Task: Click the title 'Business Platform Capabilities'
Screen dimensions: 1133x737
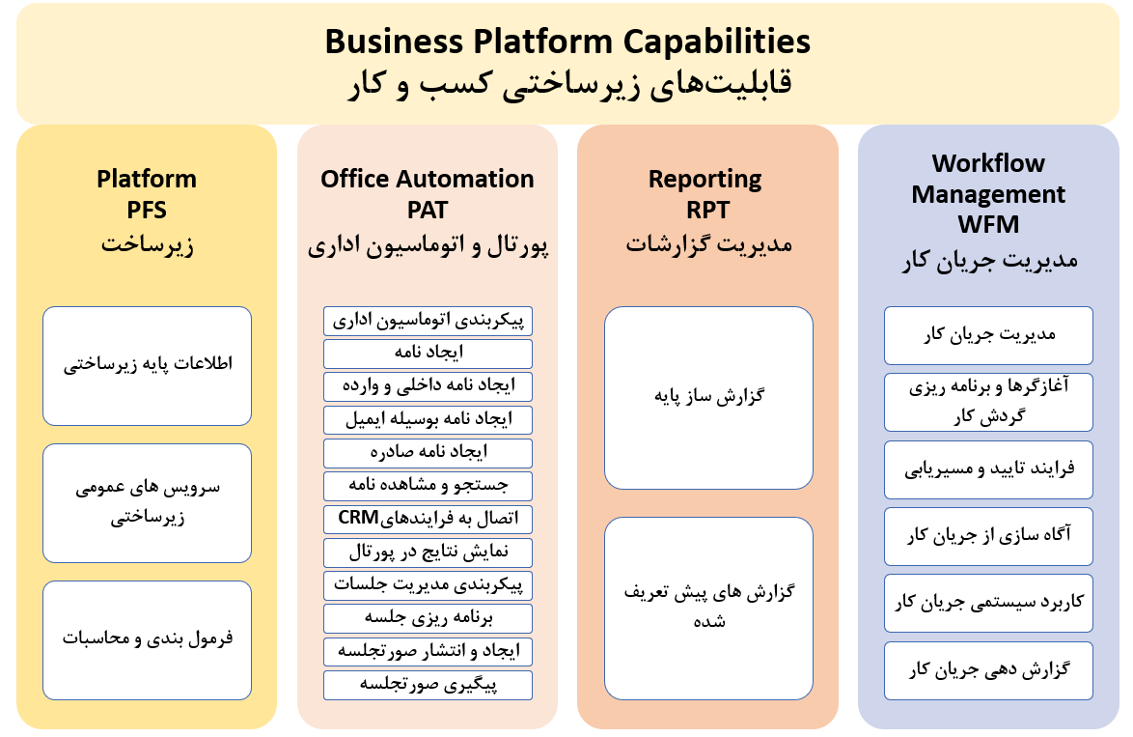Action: tap(567, 42)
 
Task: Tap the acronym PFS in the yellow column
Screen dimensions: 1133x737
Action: tap(147, 210)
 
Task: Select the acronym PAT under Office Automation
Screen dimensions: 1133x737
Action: tap(427, 210)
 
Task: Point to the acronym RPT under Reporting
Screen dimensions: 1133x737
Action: tap(708, 210)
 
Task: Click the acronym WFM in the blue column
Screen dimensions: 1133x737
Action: tap(988, 224)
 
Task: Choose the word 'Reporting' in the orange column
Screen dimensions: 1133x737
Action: tap(705, 180)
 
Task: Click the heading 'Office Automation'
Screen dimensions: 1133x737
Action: tap(427, 179)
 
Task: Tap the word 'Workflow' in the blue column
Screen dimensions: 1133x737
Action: tap(988, 163)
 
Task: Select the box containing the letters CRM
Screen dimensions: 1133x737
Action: tap(428, 519)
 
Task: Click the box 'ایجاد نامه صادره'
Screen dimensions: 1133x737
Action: tap(428, 453)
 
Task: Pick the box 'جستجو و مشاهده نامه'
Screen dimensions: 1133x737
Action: tap(428, 486)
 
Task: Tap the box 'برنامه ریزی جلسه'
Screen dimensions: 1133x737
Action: tap(428, 618)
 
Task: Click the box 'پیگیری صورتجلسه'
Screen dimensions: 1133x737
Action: tap(428, 685)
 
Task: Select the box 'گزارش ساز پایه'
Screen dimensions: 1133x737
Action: tap(708, 398)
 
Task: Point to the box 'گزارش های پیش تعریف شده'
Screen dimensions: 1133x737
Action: tap(708, 609)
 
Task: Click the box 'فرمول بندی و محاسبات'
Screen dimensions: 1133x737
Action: tap(148, 640)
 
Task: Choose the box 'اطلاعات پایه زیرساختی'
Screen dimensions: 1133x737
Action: tap(148, 366)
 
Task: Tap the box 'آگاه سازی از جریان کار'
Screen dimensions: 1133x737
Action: tap(988, 537)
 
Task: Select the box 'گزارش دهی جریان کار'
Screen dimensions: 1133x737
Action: tap(988, 670)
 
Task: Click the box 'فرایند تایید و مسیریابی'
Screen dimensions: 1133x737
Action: tap(988, 469)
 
